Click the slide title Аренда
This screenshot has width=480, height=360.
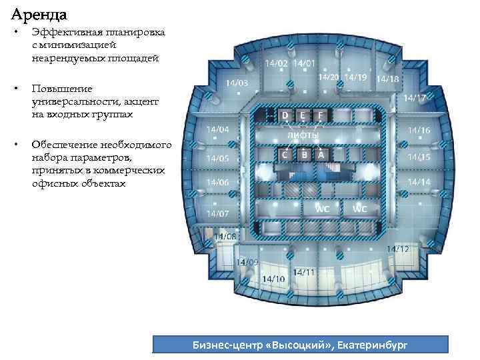38,13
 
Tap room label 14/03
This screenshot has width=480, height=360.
237,83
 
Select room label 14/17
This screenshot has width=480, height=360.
415,97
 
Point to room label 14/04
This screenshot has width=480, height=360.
217,129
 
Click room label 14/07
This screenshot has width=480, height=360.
217,213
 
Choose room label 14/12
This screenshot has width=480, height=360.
397,249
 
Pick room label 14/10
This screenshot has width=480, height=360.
275,278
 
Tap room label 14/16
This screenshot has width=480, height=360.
419,130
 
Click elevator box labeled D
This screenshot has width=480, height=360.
285,115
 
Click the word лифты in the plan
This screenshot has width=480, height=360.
303,135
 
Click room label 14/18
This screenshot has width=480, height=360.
388,79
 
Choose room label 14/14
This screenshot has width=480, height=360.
419,181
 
